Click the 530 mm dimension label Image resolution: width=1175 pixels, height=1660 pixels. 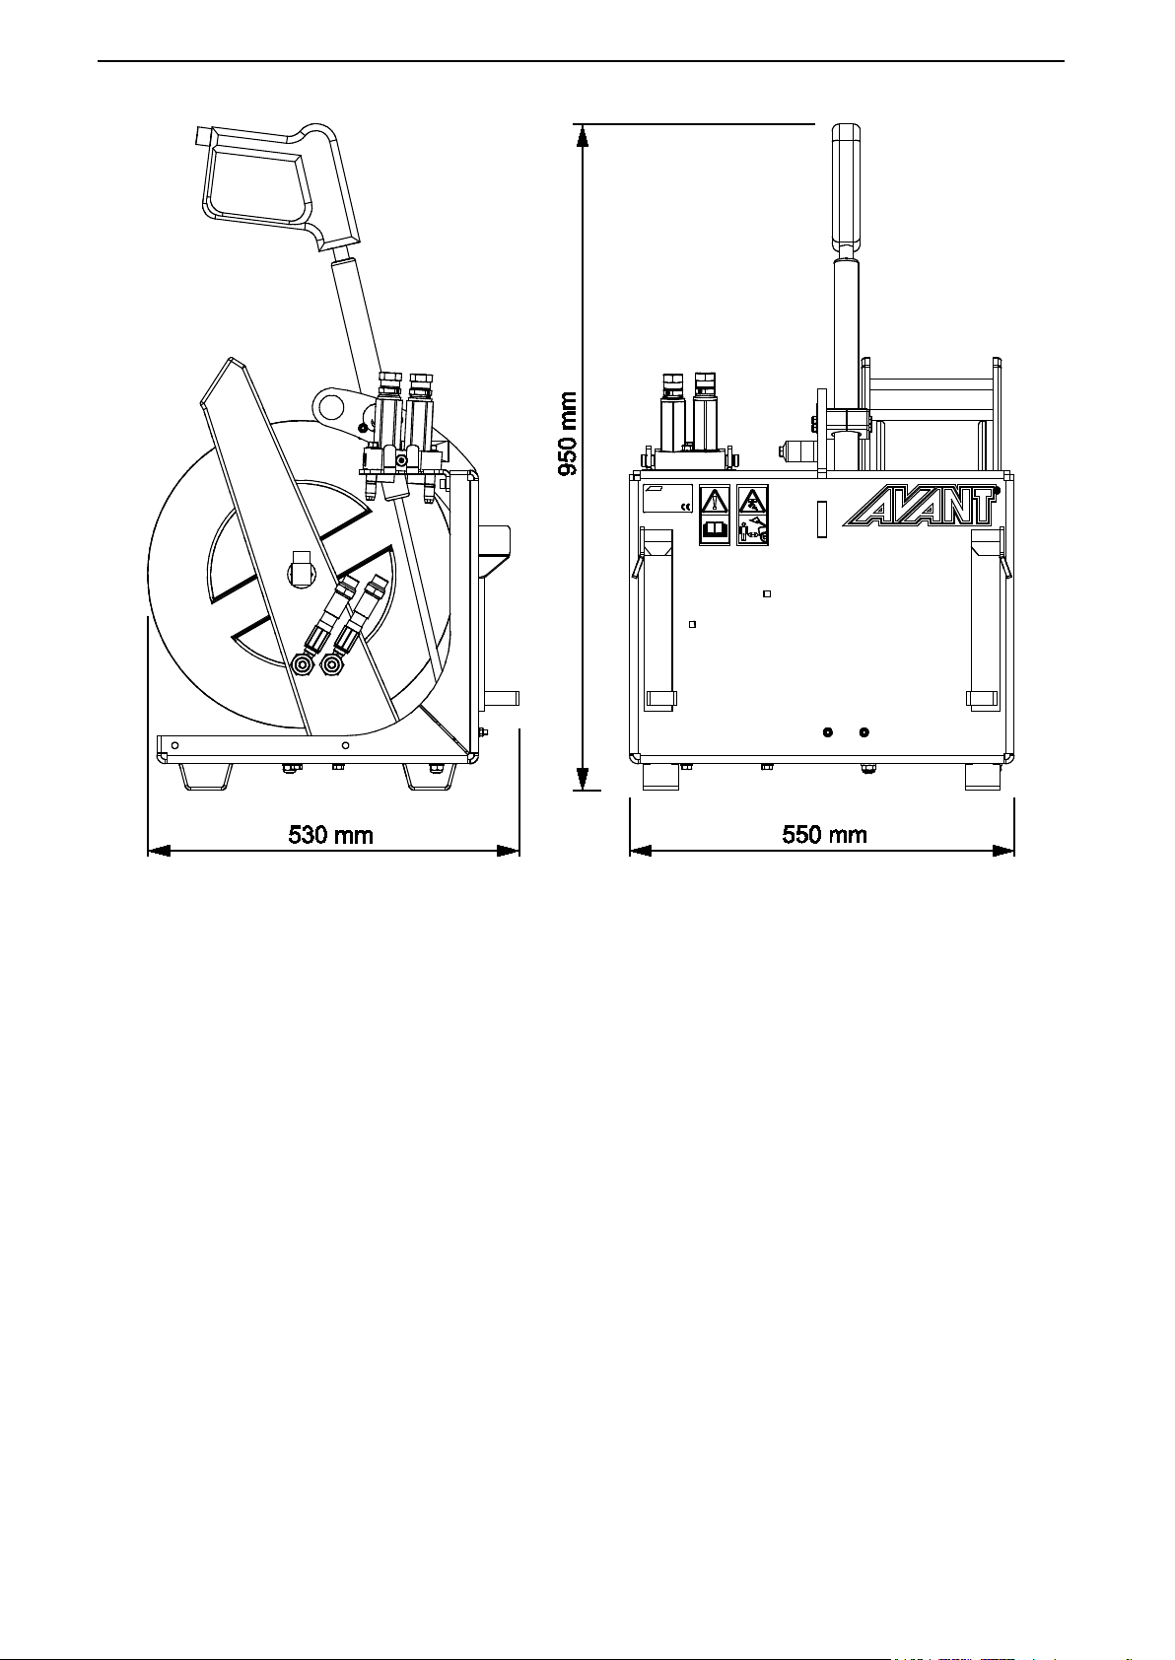pyautogui.click(x=330, y=835)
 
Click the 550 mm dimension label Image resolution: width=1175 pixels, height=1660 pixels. pyautogui.click(x=825, y=835)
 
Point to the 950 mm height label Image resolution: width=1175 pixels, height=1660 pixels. pyautogui.click(x=568, y=435)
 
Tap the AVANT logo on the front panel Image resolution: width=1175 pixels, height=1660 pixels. pyautogui.click(x=921, y=506)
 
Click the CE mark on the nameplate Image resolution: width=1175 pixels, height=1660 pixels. pyautogui.click(x=685, y=507)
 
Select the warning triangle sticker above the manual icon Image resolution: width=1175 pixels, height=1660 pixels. pyautogui.click(x=715, y=501)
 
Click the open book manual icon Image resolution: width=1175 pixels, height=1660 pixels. pyautogui.click(x=715, y=531)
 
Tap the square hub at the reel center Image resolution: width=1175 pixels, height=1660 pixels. pyautogui.click(x=304, y=569)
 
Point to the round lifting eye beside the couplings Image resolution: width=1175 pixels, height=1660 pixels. pyautogui.click(x=332, y=406)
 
